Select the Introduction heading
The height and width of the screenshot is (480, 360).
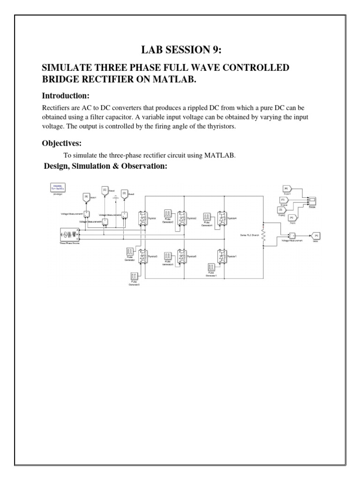click(66, 96)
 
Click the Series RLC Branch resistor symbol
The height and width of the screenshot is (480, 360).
click(264, 236)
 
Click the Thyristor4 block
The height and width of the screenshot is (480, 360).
click(222, 217)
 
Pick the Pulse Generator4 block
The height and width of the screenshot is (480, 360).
click(208, 217)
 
